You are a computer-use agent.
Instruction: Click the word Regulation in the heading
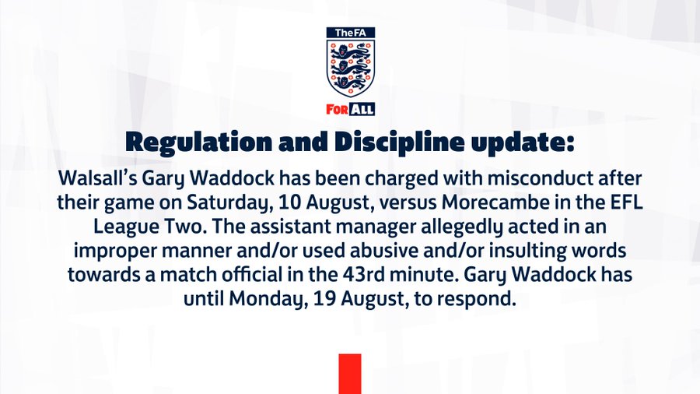(x=198, y=142)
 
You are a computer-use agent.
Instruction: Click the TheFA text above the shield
(x=351, y=33)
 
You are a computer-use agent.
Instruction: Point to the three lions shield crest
(x=351, y=68)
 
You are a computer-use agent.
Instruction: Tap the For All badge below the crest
(x=351, y=109)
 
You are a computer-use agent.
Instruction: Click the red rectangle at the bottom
(x=350, y=374)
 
